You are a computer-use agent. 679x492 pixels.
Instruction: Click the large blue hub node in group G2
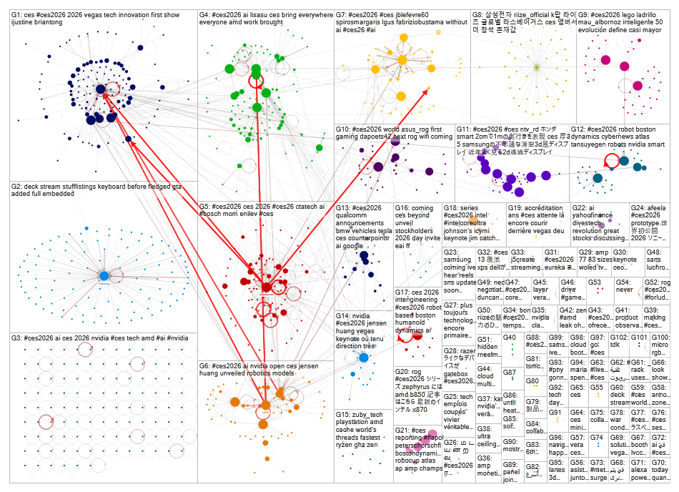click(104, 275)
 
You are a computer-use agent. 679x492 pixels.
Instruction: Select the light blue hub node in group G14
click(363, 357)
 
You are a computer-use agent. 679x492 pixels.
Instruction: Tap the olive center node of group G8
click(535, 67)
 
